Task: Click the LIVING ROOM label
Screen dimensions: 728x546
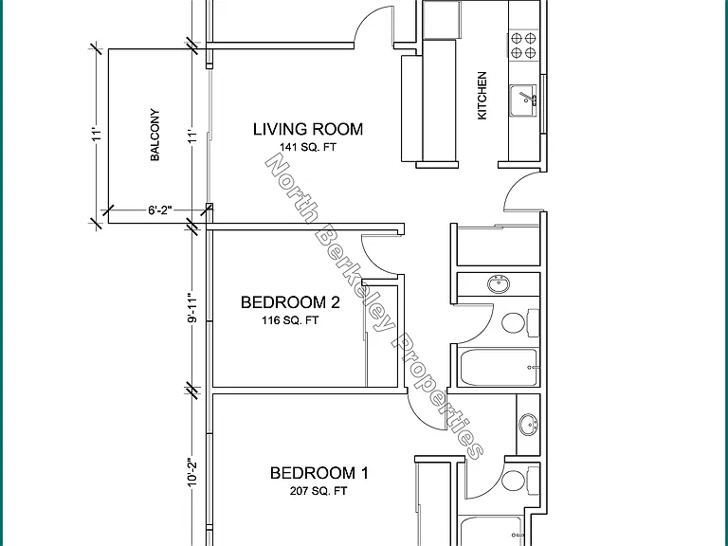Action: [308, 129]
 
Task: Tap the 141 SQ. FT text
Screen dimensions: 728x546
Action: [308, 147]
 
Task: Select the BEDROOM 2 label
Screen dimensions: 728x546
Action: [290, 302]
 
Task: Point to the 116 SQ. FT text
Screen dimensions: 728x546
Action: [290, 320]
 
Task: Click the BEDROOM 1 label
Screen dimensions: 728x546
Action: [319, 473]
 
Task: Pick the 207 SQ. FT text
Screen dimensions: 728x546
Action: [318, 491]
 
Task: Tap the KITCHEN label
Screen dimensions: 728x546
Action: [482, 95]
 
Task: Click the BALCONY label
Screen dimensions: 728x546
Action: [155, 135]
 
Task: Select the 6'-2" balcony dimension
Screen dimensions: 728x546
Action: [160, 210]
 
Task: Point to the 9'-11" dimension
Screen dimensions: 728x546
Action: [192, 307]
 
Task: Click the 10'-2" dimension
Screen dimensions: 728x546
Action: [192, 473]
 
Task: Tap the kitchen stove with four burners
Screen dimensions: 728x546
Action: [523, 45]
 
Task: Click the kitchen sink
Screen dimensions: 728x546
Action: [523, 100]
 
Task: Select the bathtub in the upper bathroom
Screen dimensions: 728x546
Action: [499, 367]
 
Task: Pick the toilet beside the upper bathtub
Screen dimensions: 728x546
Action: [520, 322]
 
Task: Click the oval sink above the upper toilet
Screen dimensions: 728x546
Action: [500, 283]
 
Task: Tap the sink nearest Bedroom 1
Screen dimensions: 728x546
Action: [528, 425]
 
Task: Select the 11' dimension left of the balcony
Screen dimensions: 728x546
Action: [96, 136]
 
